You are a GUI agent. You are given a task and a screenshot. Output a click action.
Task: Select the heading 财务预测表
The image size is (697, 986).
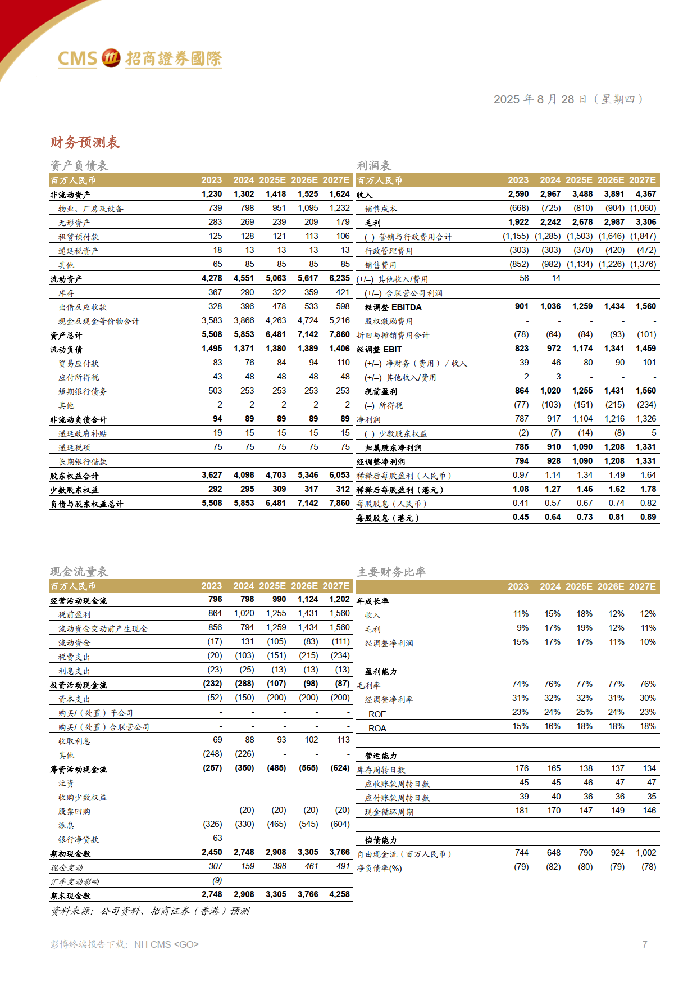[85, 142]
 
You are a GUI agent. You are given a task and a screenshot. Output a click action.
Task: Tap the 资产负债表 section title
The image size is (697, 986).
[79, 165]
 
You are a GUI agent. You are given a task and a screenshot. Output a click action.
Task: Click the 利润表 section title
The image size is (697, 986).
[373, 165]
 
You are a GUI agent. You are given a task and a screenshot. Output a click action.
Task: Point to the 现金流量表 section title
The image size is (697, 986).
[79, 571]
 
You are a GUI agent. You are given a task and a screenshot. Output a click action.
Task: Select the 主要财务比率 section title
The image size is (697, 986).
[391, 572]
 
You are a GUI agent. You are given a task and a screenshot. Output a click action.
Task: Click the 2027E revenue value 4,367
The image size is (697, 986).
[646, 194]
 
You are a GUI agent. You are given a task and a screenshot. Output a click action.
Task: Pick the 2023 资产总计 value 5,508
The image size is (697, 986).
[212, 334]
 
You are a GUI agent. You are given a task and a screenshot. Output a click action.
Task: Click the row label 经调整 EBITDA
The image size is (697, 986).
[393, 307]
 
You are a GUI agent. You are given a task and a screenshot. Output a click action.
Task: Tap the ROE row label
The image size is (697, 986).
[377, 714]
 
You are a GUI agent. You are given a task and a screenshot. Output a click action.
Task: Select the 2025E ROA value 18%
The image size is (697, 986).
[584, 726]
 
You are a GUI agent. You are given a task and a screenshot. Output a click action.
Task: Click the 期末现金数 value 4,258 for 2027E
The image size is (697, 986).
[339, 894]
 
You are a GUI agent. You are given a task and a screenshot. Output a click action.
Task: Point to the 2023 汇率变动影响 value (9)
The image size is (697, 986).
[217, 880]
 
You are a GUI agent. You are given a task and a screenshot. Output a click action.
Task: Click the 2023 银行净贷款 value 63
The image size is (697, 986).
[217, 838]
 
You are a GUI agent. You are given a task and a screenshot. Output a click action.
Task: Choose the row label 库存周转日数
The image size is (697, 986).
[381, 770]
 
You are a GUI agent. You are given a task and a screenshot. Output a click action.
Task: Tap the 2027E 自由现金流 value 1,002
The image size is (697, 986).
[646, 853]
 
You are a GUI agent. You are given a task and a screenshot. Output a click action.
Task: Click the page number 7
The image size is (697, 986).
[645, 944]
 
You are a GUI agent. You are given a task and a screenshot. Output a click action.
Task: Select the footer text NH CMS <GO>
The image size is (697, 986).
[166, 944]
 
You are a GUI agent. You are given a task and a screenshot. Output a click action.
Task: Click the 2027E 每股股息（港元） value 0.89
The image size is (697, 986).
[648, 517]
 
